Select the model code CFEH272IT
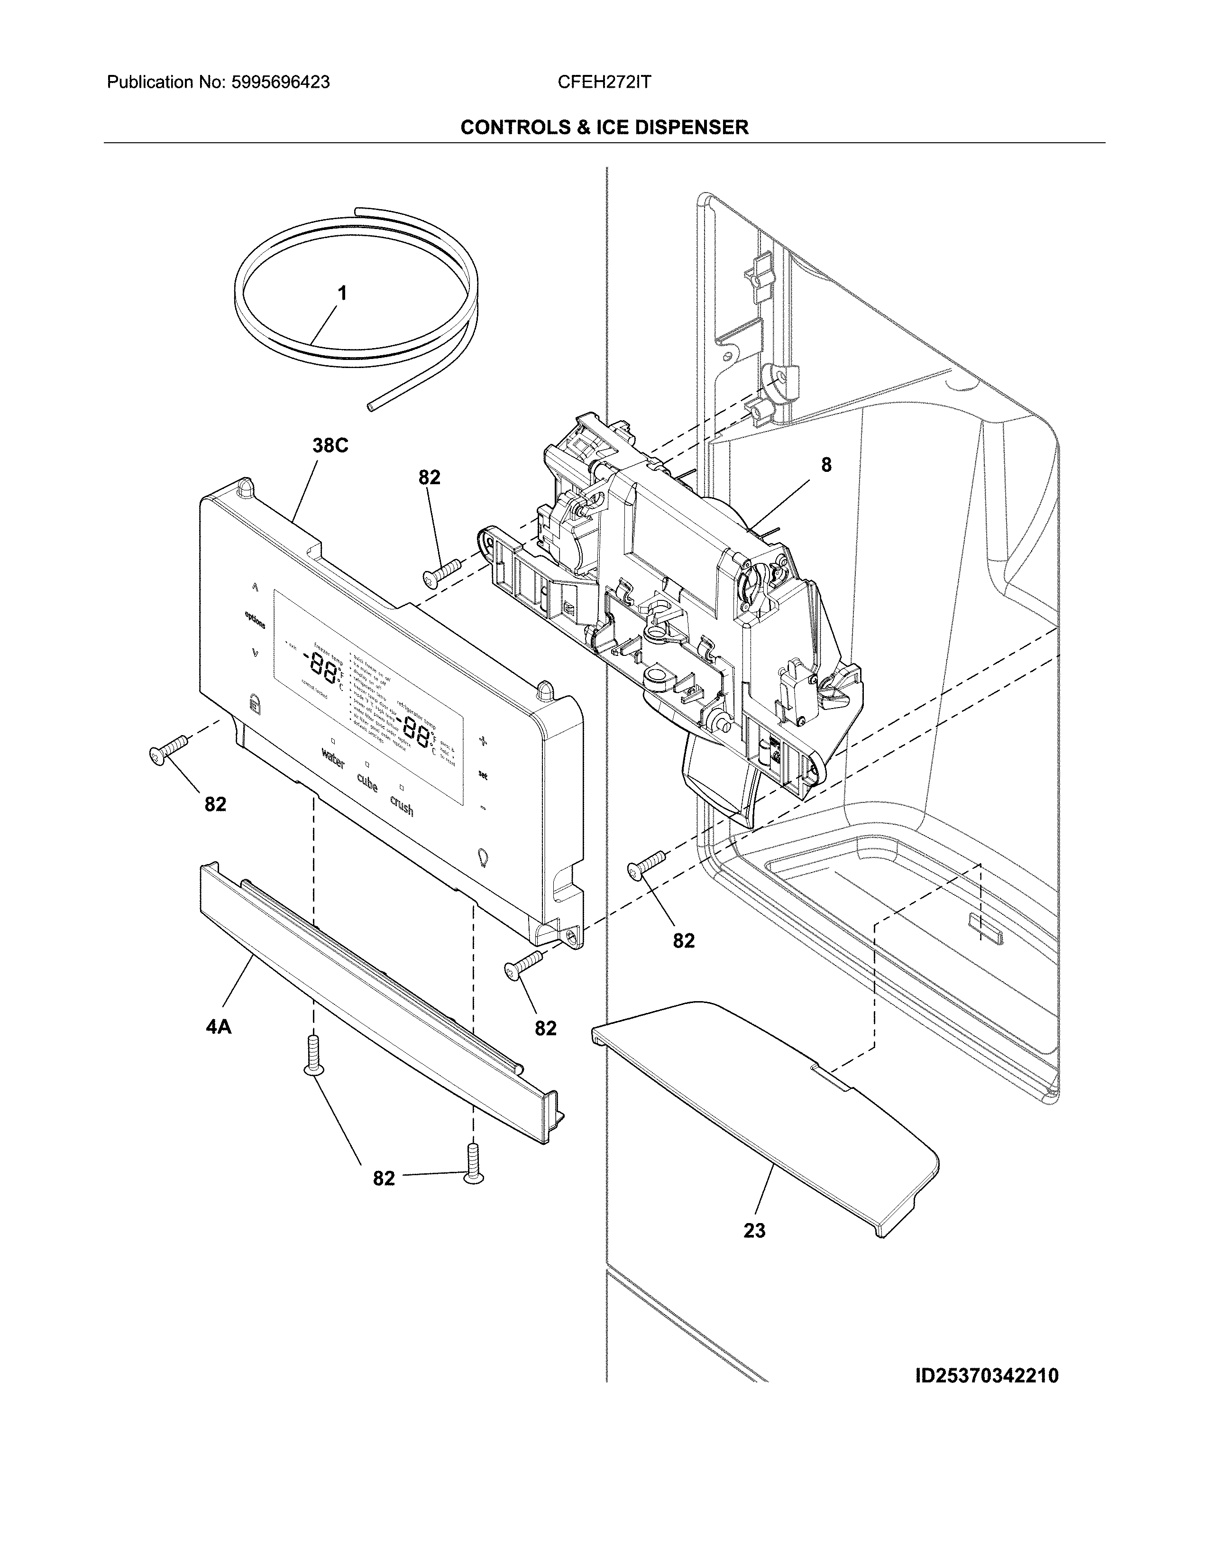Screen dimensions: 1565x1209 [x=604, y=83]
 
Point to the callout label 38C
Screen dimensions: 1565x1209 [x=330, y=446]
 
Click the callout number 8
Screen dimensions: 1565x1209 [x=826, y=465]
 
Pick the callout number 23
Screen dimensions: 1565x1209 [x=754, y=1230]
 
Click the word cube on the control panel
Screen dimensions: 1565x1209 [x=366, y=784]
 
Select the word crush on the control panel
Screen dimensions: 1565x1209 [x=402, y=806]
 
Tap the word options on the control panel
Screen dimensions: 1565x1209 [x=255, y=619]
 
